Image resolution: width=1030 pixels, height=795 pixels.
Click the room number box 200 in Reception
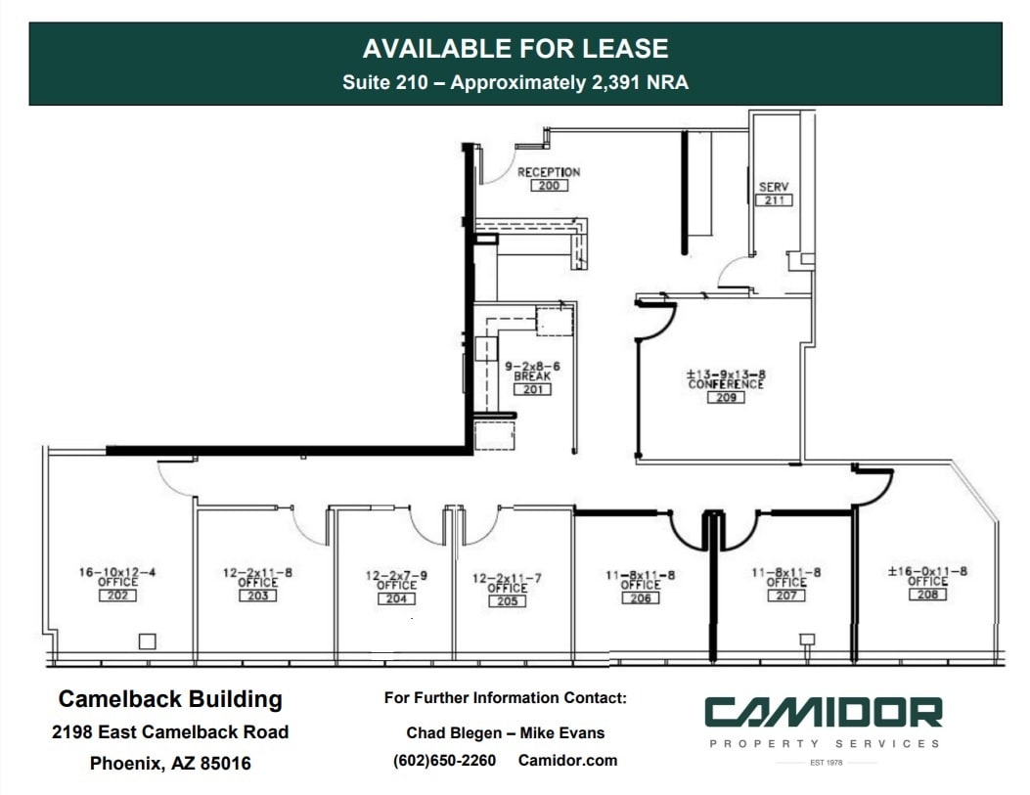(548, 186)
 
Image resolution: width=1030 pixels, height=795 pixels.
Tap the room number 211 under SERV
(774, 200)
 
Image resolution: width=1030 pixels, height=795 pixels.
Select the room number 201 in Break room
(532, 389)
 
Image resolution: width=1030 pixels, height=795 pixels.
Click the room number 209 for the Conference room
(725, 397)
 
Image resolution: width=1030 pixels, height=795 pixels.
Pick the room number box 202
(117, 596)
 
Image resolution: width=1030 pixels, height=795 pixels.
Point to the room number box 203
(257, 596)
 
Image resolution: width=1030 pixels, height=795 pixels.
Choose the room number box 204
(396, 598)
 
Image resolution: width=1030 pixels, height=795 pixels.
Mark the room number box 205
(507, 600)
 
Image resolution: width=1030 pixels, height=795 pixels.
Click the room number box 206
(640, 597)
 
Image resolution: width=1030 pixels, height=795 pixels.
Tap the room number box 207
(786, 595)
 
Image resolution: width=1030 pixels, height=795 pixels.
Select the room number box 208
(927, 594)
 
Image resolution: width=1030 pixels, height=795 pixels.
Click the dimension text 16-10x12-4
(117, 572)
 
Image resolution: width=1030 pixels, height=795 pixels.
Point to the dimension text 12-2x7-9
(396, 576)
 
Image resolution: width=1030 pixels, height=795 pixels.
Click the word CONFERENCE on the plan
(725, 384)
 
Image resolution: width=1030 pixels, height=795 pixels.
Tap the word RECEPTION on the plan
(549, 172)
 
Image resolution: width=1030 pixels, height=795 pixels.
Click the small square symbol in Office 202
(147, 641)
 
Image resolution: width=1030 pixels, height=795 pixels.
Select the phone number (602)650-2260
(444, 760)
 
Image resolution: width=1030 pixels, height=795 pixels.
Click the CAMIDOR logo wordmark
(823, 713)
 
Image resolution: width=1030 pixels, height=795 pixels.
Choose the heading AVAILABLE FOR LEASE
(515, 49)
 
